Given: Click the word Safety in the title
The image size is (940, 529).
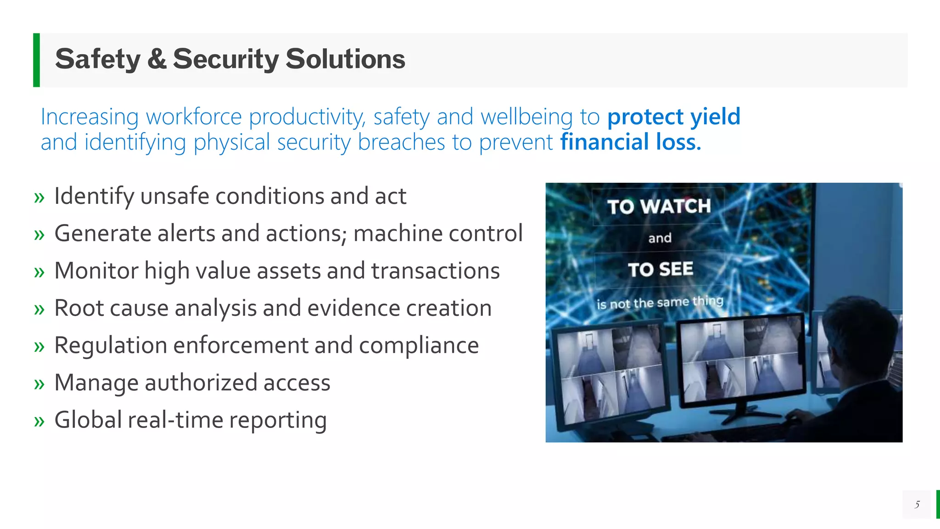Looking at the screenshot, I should (97, 59).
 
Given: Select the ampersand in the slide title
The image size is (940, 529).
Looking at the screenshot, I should (157, 59).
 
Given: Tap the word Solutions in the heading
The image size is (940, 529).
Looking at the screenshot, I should (345, 59).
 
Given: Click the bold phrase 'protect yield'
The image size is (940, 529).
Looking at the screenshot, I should (673, 117).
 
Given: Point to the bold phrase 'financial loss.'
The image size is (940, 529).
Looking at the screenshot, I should (631, 142).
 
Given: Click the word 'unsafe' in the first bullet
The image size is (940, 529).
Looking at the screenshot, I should (175, 197).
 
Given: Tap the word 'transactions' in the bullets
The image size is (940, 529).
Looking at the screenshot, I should (436, 271).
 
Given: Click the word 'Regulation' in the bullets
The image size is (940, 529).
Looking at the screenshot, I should (111, 346).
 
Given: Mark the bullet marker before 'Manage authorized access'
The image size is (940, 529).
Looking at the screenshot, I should (39, 384).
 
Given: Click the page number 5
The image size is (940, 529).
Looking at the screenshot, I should (917, 505).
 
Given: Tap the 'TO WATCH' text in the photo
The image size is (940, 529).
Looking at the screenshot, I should (659, 207).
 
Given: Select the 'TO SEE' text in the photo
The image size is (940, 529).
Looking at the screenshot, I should (660, 270).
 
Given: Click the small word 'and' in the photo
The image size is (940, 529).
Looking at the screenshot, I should (660, 238).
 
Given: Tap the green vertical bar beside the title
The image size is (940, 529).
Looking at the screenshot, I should (36, 60).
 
